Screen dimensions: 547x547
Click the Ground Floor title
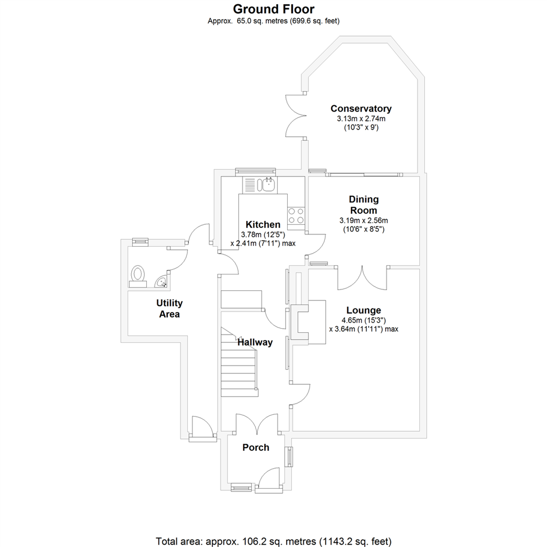coord(273,9)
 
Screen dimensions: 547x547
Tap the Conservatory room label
coord(361,108)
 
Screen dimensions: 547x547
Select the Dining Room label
coord(364,205)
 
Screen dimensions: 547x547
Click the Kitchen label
coord(262,224)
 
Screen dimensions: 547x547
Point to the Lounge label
coord(363,310)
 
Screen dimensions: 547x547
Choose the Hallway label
coord(256,342)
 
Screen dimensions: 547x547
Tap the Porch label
coord(256,447)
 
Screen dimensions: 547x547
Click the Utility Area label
coord(169,308)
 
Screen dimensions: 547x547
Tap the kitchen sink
coord(267,185)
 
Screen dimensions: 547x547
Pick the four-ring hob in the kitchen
coord(296,216)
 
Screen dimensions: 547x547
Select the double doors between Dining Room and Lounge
coord(363,278)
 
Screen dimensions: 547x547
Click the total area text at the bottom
coord(273,540)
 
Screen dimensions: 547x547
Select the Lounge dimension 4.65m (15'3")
coord(364,320)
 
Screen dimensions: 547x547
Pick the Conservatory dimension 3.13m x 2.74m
coord(361,119)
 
